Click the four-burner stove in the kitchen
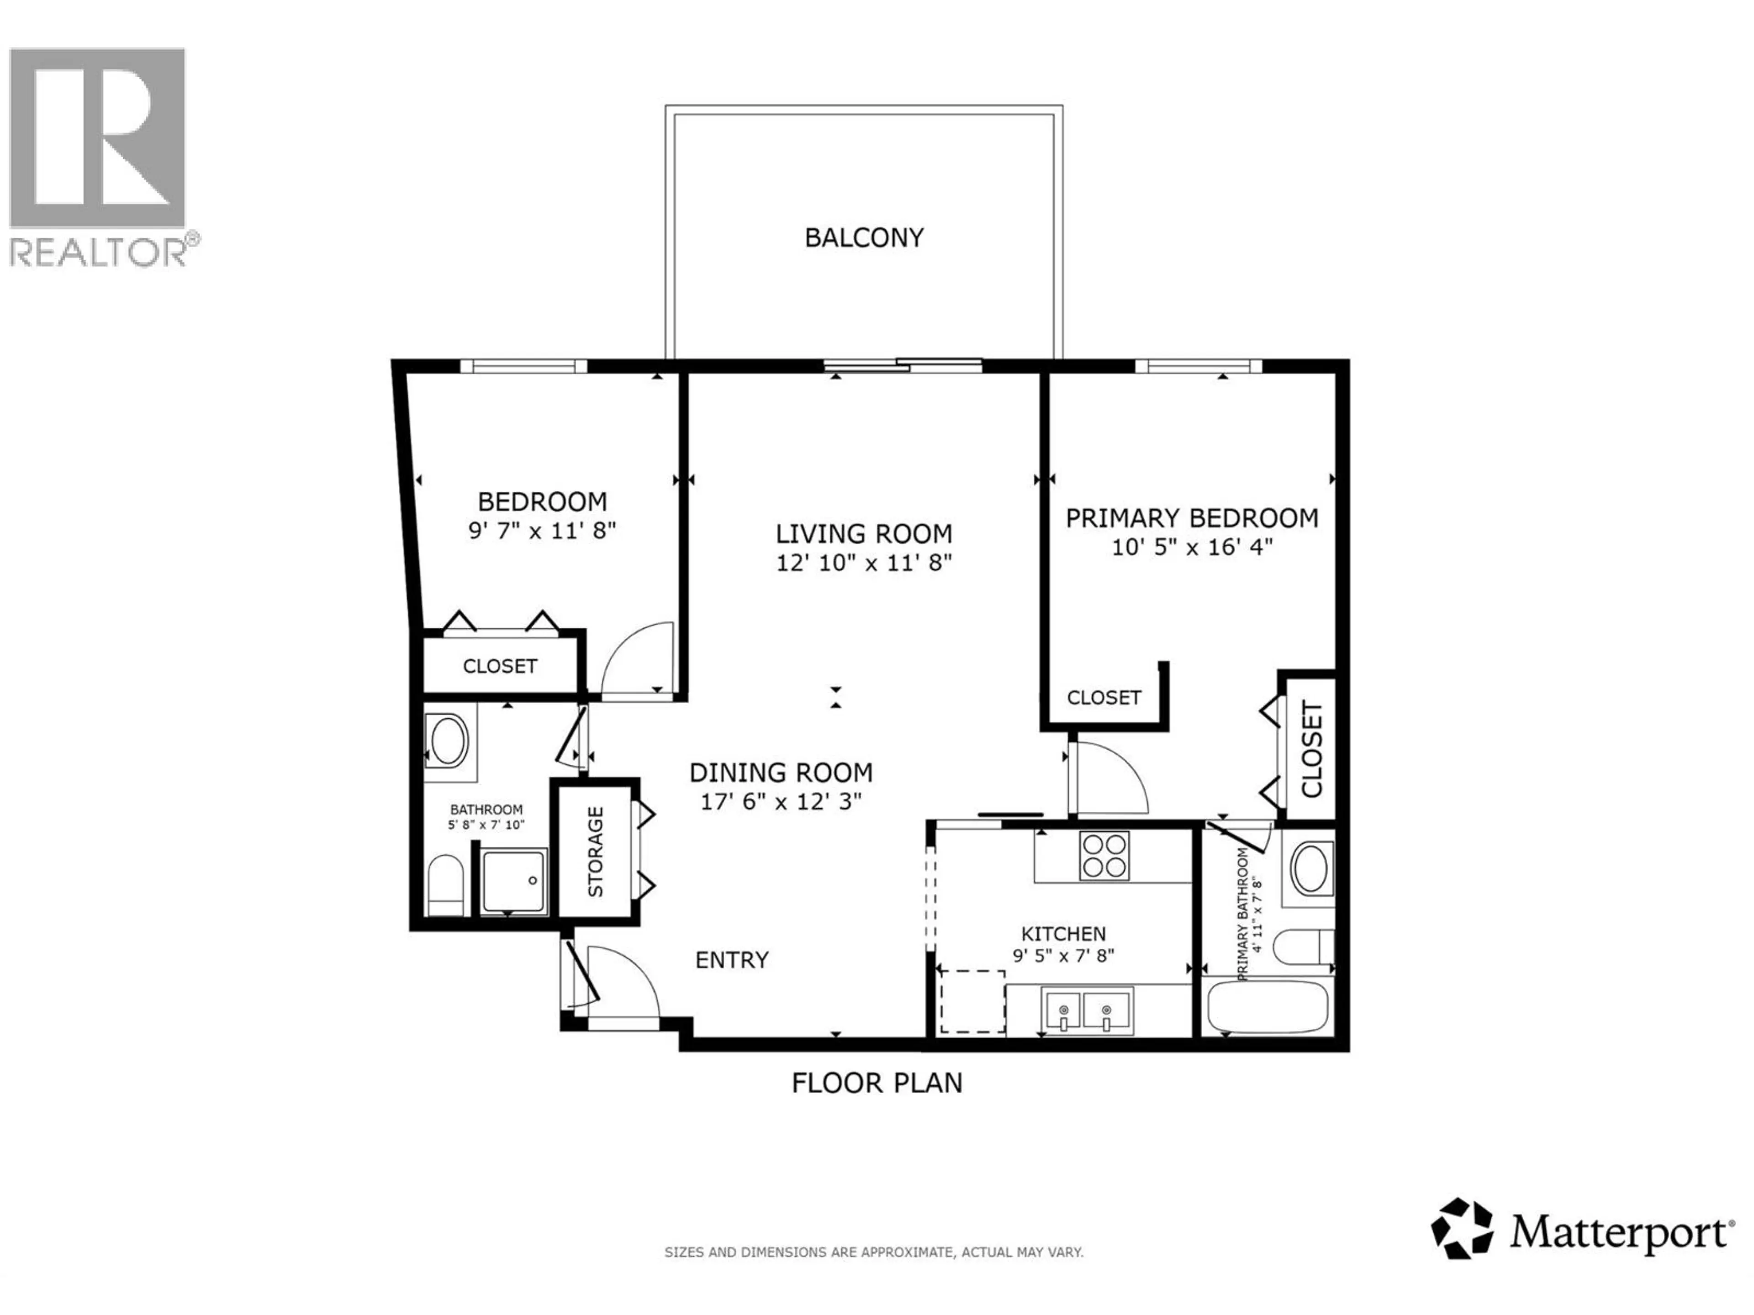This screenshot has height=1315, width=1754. click(1104, 855)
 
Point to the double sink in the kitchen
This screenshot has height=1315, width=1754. click(1085, 1010)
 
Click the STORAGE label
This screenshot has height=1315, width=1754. click(596, 852)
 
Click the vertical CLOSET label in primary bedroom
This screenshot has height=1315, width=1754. click(1311, 749)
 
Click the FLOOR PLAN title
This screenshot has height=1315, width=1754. click(876, 1083)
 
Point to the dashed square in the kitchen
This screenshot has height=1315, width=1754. click(972, 1001)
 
